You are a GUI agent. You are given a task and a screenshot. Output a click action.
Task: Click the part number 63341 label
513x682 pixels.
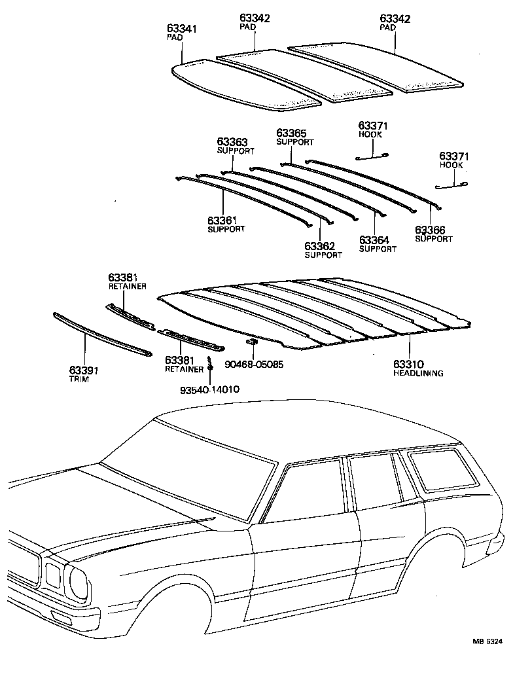point(182,29)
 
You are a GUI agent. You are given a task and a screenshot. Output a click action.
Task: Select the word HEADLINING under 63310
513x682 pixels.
point(417,373)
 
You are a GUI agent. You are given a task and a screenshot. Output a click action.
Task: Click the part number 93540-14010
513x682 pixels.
point(209,389)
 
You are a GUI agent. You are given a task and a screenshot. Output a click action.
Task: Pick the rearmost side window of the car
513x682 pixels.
point(434,469)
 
